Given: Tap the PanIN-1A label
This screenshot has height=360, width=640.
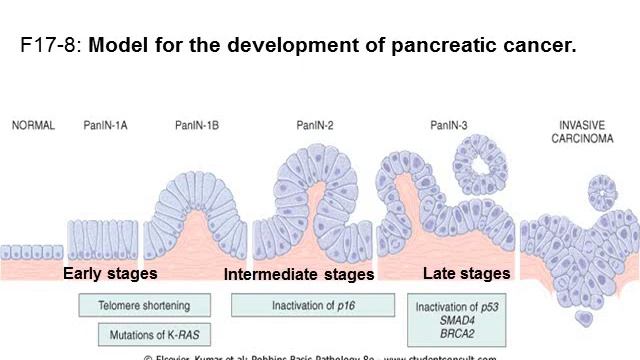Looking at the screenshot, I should pos(105,126).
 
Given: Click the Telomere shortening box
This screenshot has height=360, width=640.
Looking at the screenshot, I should pos(146,305).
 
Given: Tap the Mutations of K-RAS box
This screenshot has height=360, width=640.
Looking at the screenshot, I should pos(155,335).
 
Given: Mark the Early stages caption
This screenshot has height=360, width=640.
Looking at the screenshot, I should pos(110,273).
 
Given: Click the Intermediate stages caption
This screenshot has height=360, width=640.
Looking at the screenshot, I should pos(298,274).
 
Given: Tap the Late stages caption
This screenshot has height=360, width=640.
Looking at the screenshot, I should pos(466,273).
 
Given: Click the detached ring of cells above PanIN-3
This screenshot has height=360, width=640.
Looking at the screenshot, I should pos(479,161).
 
